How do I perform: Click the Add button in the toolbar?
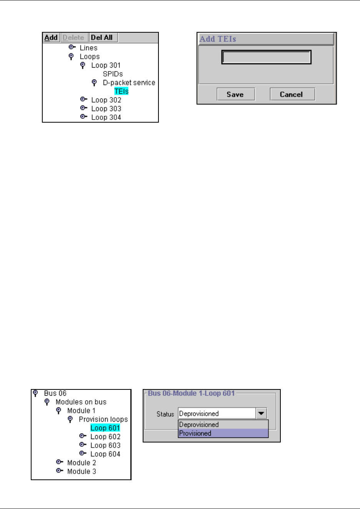[x=51, y=38]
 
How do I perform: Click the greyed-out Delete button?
[x=73, y=38]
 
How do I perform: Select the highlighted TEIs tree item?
[x=121, y=91]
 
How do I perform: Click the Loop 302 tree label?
[x=106, y=100]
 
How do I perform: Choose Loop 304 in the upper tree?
[x=106, y=118]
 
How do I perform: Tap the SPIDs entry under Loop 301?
[x=113, y=74]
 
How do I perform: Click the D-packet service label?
[x=129, y=83]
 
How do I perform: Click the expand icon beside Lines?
[x=72, y=47]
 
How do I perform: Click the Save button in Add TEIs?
[x=235, y=95]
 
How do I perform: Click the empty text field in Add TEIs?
[x=266, y=57]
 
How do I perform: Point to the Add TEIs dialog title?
[x=218, y=39]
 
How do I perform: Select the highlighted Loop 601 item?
[x=105, y=428]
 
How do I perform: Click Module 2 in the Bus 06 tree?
[x=82, y=463]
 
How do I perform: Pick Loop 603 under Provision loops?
[x=105, y=446]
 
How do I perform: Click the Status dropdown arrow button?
[x=261, y=414]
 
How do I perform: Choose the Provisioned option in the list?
[x=195, y=434]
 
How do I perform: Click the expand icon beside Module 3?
[x=59, y=471]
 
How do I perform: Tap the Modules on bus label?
[x=81, y=402]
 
